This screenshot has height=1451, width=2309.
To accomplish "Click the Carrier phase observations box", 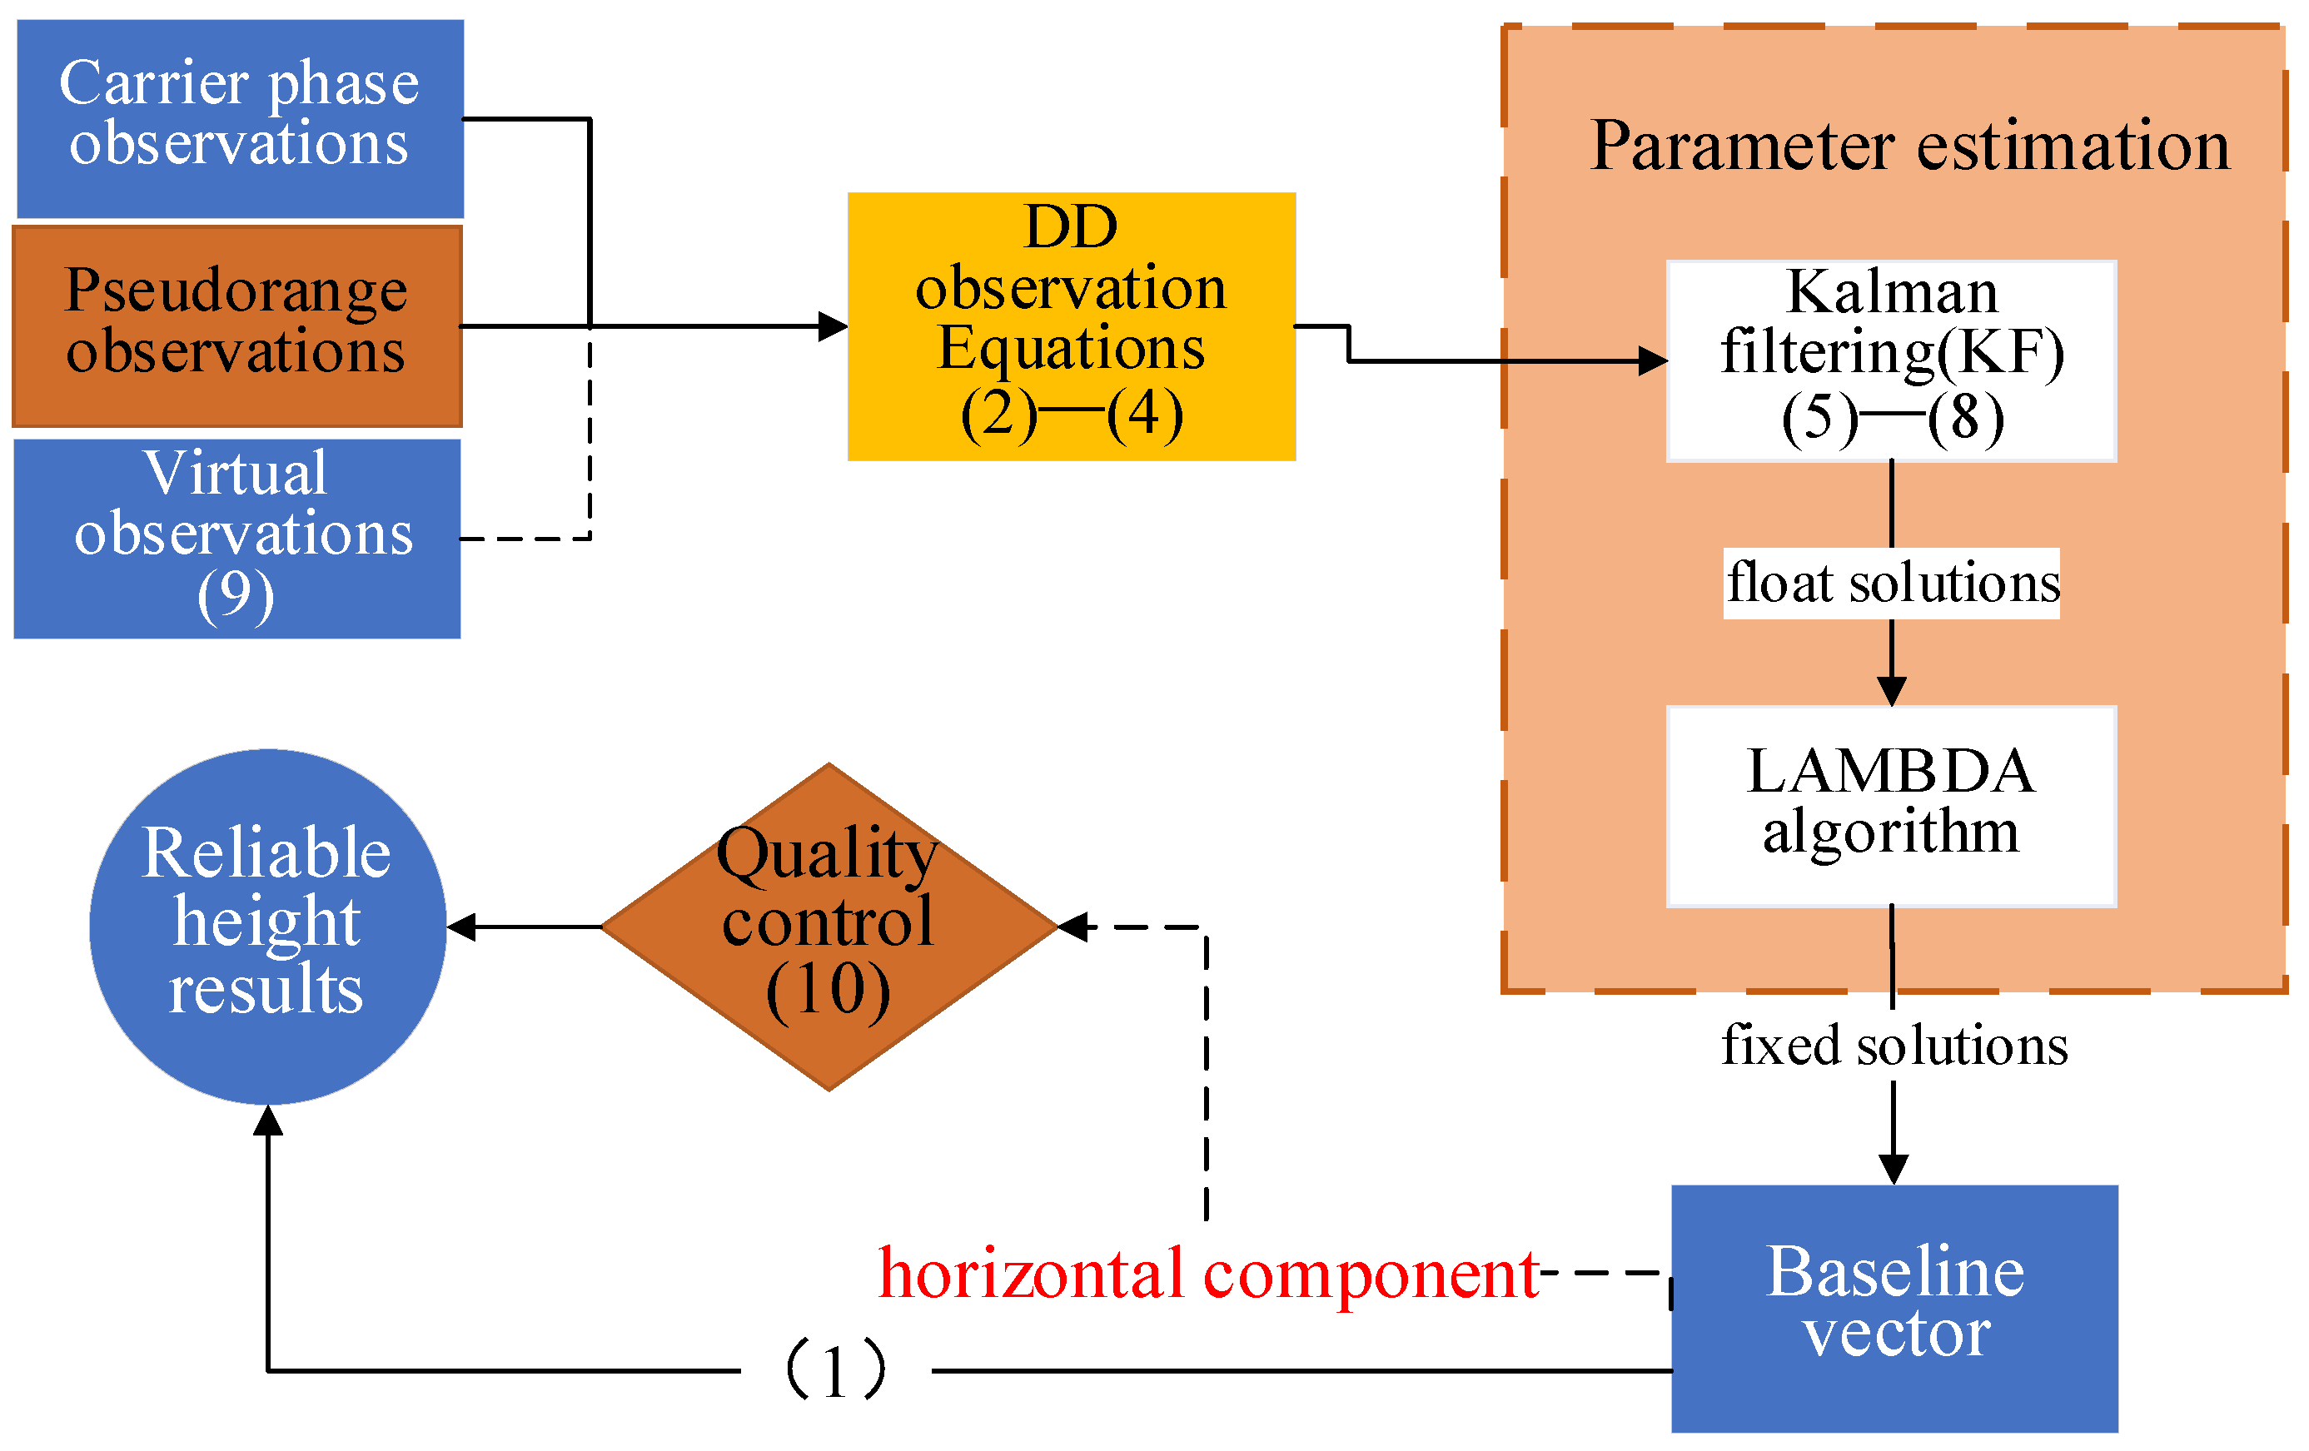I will pyautogui.click(x=240, y=119).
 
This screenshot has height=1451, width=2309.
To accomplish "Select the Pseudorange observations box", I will pyautogui.click(x=236, y=325).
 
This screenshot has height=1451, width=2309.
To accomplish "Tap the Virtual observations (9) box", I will pyautogui.click(x=236, y=539).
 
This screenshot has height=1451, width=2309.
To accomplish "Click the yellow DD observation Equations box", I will pyautogui.click(x=1071, y=325).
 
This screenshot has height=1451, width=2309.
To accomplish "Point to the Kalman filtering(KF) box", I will pyautogui.click(x=1891, y=360).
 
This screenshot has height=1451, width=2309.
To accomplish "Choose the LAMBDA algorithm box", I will pyautogui.click(x=1891, y=805).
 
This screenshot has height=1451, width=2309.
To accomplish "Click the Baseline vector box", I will pyautogui.click(x=1893, y=1308).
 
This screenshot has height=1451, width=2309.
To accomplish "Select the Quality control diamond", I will pyautogui.click(x=829, y=926).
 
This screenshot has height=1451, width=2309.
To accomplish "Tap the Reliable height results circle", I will pyautogui.click(x=267, y=926).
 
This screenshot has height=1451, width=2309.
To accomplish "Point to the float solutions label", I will pyautogui.click(x=1892, y=583).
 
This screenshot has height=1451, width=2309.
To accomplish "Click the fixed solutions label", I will pyautogui.click(x=1893, y=1045).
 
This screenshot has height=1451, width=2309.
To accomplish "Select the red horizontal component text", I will pyautogui.click(x=1208, y=1275).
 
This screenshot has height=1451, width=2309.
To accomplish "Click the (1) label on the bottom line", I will pyautogui.click(x=835, y=1369).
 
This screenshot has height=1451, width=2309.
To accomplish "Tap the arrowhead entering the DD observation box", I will pyautogui.click(x=833, y=325).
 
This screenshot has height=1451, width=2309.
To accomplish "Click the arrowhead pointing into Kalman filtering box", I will pyautogui.click(x=1653, y=360).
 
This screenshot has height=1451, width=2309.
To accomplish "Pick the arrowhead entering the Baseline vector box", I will pyautogui.click(x=1893, y=1170).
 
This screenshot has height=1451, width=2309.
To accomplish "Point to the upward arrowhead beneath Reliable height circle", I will pyautogui.click(x=267, y=1120).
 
